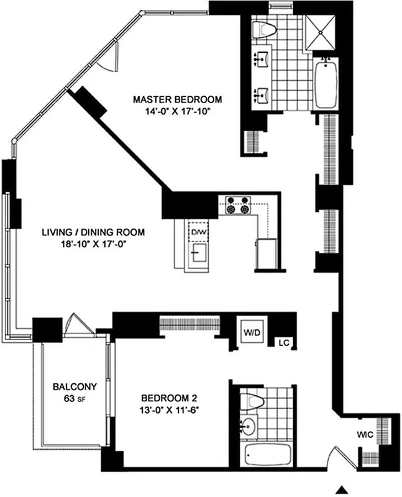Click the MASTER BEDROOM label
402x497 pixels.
[x=178, y=99]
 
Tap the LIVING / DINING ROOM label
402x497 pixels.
[x=93, y=232]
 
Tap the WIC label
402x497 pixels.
[x=365, y=435]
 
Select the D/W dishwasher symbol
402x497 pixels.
[x=198, y=232]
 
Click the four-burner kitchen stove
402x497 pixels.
[x=238, y=205]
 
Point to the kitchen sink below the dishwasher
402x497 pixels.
[x=199, y=253]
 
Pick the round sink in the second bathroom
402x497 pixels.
[x=248, y=427]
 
